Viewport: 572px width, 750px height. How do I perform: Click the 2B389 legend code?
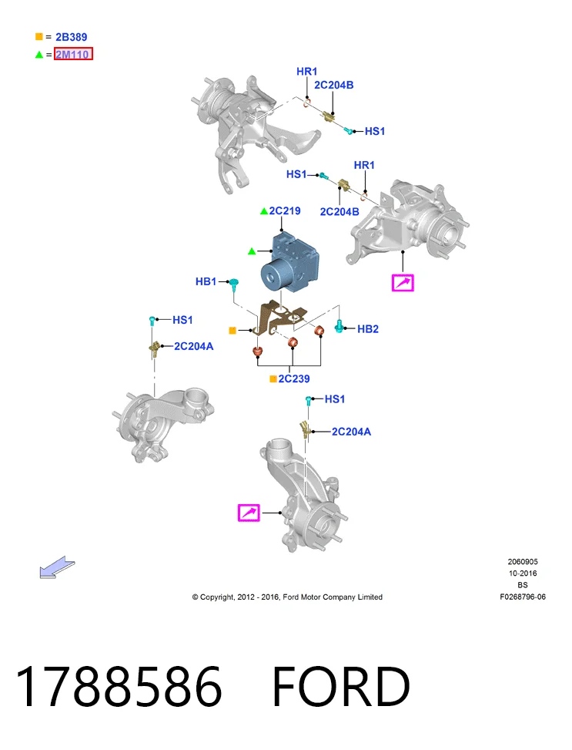(71, 37)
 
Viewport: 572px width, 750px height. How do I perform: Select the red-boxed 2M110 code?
(72, 54)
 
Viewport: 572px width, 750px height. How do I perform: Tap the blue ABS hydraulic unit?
(288, 261)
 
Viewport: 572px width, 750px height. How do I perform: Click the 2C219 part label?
(285, 211)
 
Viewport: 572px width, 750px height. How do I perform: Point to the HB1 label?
(206, 281)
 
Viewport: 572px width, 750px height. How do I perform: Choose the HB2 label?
(368, 329)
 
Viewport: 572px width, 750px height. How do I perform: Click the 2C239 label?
(294, 378)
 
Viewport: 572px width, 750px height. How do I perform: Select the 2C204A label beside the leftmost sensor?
(193, 346)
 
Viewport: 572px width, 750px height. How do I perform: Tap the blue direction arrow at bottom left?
(57, 567)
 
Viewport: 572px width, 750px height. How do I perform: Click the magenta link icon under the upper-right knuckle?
(403, 283)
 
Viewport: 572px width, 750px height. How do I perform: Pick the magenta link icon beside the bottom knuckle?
(249, 513)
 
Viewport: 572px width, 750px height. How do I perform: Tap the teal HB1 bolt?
(234, 284)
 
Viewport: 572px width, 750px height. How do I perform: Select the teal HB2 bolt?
(339, 326)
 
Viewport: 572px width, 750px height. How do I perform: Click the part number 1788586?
(119, 686)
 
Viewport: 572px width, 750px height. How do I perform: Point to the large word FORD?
(341, 686)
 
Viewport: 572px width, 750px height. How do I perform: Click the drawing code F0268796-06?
(523, 597)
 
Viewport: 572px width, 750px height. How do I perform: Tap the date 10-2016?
(523, 573)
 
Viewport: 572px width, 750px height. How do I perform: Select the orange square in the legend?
(39, 36)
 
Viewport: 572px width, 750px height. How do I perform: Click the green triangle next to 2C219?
(264, 211)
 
